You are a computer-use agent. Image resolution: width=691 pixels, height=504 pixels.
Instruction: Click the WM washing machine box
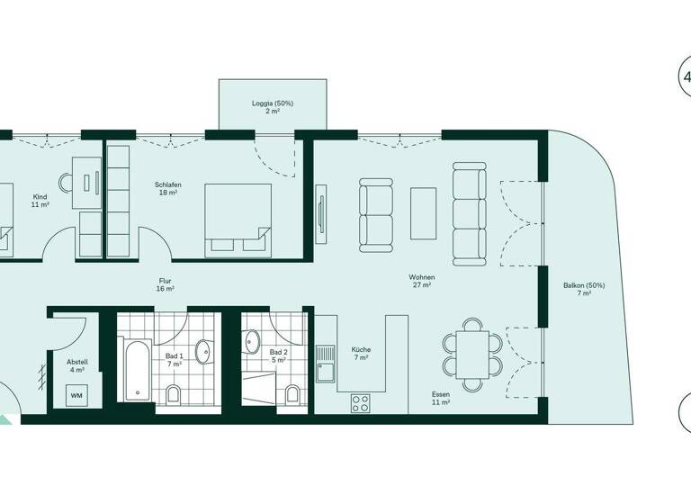[x=76, y=393]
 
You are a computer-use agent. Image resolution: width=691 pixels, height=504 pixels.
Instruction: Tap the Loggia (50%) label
[x=272, y=107]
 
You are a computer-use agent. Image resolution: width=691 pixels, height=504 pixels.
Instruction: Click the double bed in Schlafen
[x=238, y=220]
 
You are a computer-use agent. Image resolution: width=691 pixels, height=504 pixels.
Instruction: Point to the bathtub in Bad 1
[x=135, y=369]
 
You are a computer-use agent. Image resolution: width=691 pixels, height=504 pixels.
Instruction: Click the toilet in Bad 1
[x=174, y=393]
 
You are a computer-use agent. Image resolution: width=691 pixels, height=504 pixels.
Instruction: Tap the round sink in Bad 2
[x=253, y=341]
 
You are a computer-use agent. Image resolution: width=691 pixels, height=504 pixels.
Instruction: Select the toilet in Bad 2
[x=292, y=393]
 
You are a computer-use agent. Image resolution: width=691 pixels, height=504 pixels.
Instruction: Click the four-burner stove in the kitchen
[x=362, y=403]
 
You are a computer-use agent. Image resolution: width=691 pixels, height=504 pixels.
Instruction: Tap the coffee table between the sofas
[x=423, y=212]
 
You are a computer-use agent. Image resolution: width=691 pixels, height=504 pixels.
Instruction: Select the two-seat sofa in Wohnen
[x=377, y=214]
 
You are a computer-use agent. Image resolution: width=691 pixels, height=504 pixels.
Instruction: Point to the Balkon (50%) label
[x=584, y=289]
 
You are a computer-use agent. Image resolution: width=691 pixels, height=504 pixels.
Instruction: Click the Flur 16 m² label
[x=165, y=284]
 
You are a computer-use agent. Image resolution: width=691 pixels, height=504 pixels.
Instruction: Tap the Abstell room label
[x=76, y=364]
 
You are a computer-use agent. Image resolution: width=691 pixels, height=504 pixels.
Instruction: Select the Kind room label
[x=40, y=200]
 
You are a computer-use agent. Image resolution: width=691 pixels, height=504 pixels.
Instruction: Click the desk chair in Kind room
[x=66, y=182]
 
